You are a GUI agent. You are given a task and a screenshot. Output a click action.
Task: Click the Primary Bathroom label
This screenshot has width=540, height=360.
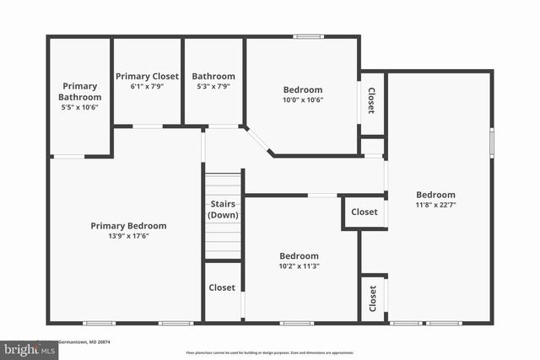pos(79,91)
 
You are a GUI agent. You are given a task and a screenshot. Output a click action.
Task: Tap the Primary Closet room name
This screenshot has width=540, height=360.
pos(148,76)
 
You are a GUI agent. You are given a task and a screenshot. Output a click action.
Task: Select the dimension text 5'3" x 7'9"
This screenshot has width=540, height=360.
pos(213,86)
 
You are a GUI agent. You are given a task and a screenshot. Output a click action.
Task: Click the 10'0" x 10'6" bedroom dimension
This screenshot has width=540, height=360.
pos(303,99)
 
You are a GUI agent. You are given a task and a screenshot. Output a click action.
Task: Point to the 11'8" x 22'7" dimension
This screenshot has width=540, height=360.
pos(435,205)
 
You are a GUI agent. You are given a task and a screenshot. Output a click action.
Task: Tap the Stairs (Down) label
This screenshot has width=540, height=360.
pos(223,210)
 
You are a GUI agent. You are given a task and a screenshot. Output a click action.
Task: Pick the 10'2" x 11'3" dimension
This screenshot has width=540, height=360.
pos(300,266)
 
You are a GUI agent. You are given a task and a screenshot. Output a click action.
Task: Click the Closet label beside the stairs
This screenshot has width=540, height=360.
pos(222,287)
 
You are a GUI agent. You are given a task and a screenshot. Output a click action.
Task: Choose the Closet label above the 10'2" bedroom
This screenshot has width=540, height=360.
pos(364,212)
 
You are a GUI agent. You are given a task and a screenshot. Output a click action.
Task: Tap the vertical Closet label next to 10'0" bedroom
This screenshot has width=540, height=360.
pos(371,101)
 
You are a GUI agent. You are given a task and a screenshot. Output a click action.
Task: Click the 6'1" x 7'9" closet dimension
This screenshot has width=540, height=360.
pos(148,86)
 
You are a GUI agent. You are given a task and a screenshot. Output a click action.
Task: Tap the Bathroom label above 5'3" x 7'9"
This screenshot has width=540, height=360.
pos(213,76)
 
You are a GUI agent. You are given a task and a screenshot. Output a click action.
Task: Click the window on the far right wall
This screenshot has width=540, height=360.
pos(492,142)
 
